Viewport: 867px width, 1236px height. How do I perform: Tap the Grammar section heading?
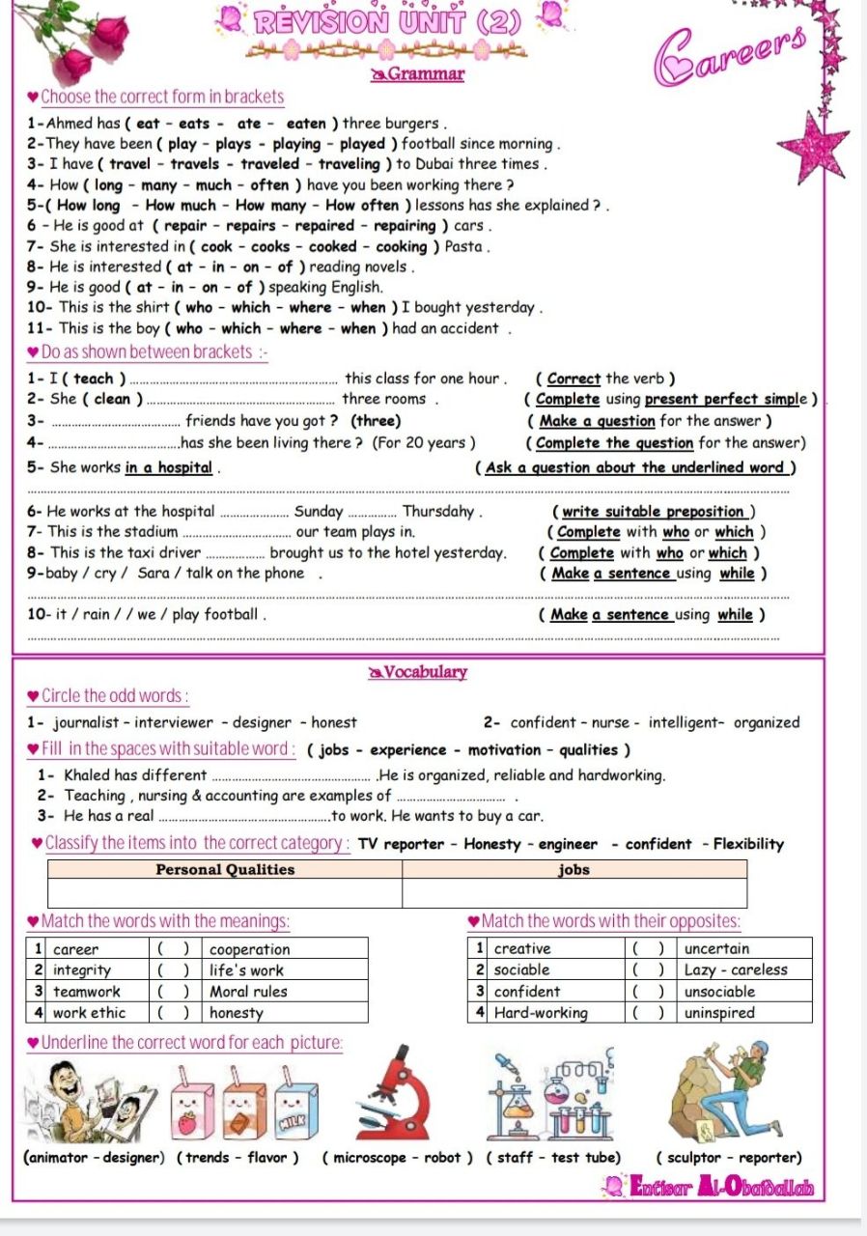click(419, 73)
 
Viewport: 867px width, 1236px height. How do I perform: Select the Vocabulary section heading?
click(419, 672)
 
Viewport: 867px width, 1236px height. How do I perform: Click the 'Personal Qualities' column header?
click(225, 869)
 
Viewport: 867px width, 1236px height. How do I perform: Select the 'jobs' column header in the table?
click(574, 869)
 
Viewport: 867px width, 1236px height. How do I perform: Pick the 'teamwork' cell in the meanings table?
click(87, 991)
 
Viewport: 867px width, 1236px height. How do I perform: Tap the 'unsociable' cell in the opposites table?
click(719, 991)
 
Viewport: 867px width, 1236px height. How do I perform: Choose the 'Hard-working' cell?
click(541, 1012)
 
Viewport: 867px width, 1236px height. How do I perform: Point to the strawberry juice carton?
click(188, 1110)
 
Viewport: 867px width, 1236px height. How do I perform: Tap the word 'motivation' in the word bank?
click(505, 749)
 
